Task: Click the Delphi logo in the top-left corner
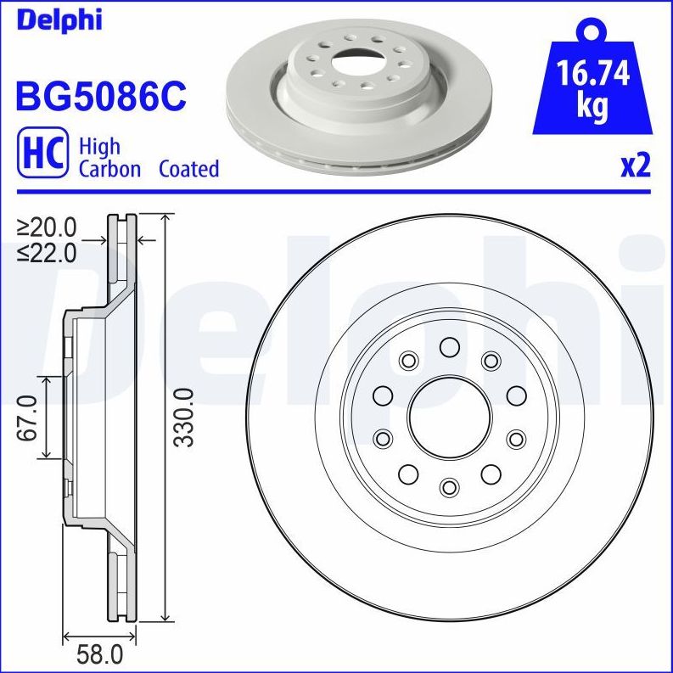pos(58,19)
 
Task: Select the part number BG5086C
pos(99,95)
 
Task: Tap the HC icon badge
pos(41,155)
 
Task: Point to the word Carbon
pos(109,169)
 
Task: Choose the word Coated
pos(188,169)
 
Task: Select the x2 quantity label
pos(635,165)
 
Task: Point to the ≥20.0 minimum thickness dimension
pos(47,227)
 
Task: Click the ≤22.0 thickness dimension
pos(47,252)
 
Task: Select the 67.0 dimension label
pos(28,417)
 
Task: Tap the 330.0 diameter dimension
pos(182,416)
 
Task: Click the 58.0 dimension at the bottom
pos(99,654)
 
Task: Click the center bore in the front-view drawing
pos(449,416)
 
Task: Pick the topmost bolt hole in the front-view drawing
pos(449,346)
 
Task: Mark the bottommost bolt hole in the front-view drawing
pos(449,485)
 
